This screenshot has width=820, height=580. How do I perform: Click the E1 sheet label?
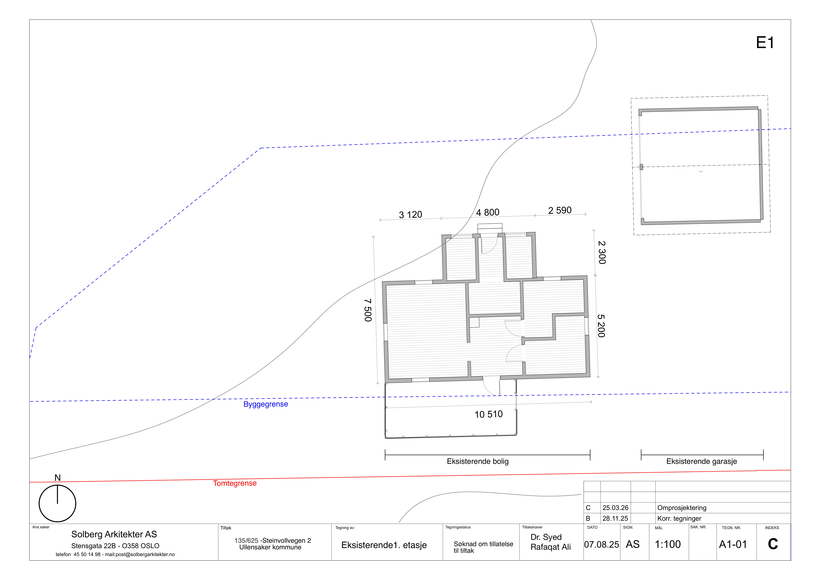(765, 43)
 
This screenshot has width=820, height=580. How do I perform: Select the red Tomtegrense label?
(235, 483)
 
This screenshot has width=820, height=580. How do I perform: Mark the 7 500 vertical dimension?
(368, 310)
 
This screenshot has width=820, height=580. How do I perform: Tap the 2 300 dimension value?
(602, 253)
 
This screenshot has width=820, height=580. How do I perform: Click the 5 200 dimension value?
(601, 326)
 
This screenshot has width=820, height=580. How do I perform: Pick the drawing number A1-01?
(733, 544)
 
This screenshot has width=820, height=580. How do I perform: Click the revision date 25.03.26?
(615, 508)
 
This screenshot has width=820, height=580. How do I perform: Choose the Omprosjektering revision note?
(682, 508)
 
